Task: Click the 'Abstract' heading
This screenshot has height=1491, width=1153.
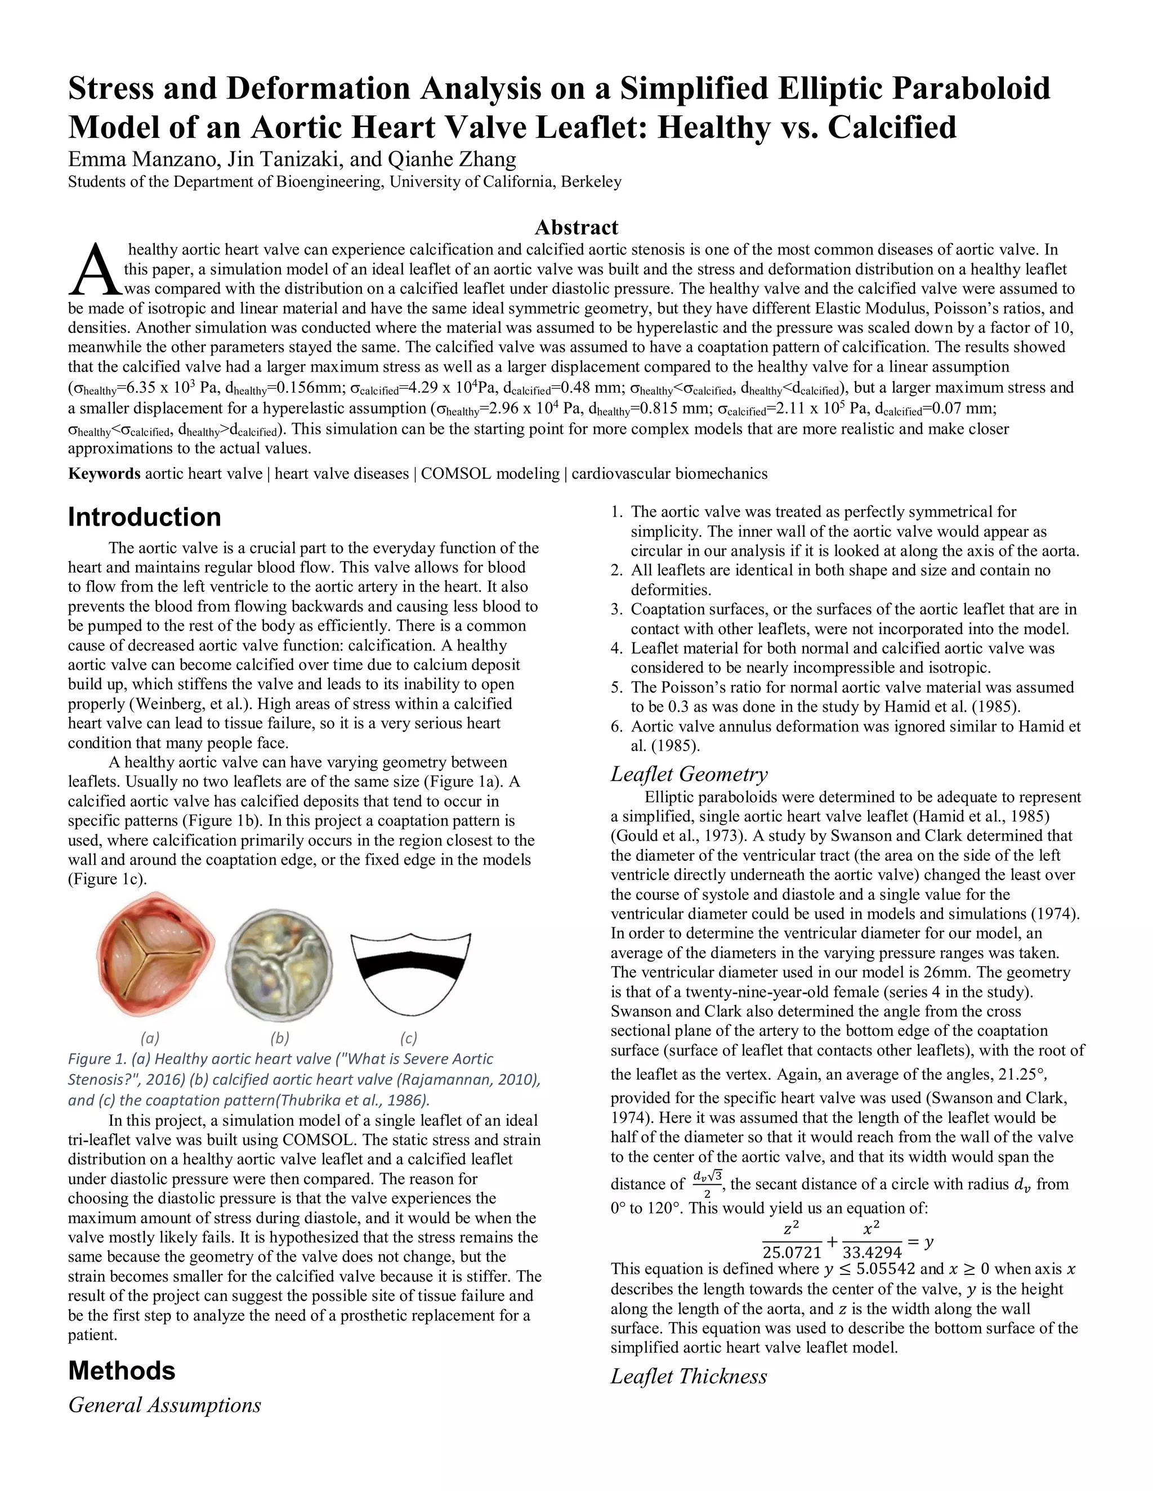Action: click(x=576, y=227)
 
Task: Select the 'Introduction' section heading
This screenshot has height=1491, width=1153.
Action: click(x=144, y=517)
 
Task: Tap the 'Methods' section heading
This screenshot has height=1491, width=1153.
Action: click(x=122, y=1370)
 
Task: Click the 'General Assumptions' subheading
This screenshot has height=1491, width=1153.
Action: click(x=164, y=1405)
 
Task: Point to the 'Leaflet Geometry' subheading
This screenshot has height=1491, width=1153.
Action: click(x=689, y=774)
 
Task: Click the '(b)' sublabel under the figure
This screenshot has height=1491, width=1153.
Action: click(x=279, y=1039)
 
